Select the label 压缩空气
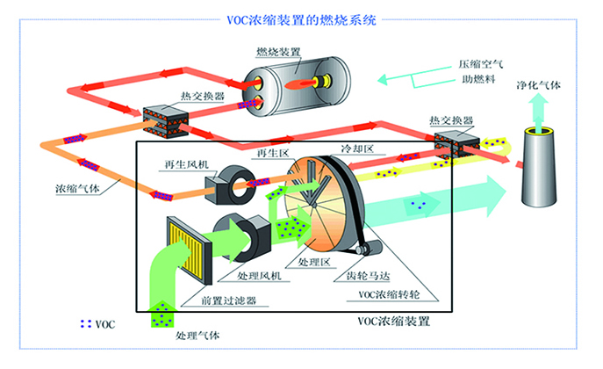476,65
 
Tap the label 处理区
312,263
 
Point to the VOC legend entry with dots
97,323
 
